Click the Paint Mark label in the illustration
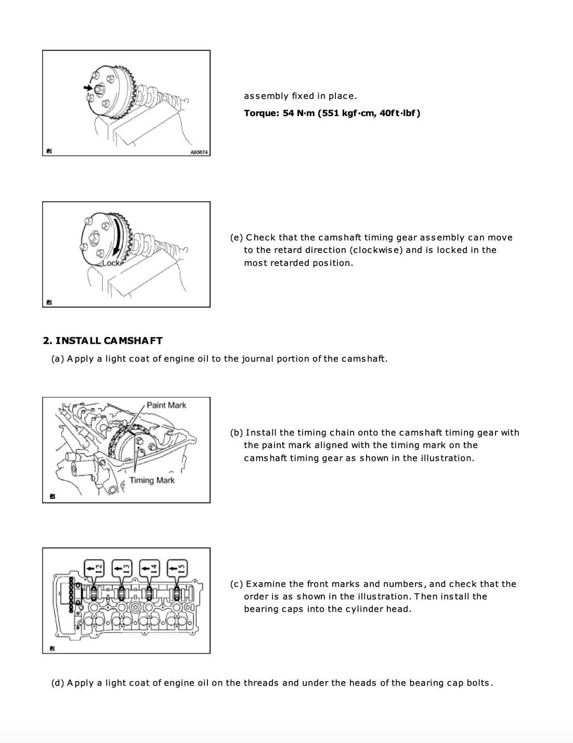pos(166,405)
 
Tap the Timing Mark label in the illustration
pos(152,480)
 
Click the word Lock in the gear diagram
pos(111,263)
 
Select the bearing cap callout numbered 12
pos(94,569)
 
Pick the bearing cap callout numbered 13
pos(122,569)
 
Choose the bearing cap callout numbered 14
pos(149,569)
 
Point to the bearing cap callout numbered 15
pos(177,569)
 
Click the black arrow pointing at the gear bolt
pos(88,88)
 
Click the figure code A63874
pos(199,152)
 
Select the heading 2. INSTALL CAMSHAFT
pos(102,341)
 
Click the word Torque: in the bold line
pos(262,113)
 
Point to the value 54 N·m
pos(298,113)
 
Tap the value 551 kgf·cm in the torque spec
pos(346,113)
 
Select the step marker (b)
pos(237,432)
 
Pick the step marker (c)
pos(237,584)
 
